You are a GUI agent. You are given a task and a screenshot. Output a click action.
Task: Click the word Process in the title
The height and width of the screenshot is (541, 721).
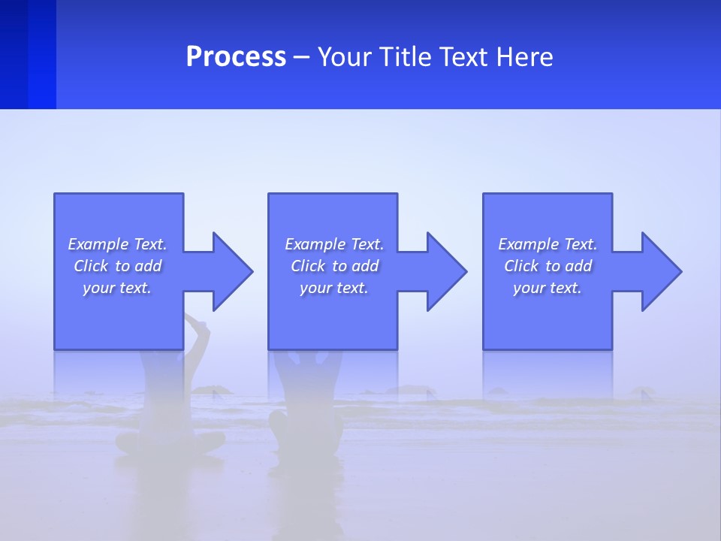click(x=236, y=57)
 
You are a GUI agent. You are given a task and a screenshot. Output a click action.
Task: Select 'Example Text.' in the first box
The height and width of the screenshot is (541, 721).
click(x=117, y=244)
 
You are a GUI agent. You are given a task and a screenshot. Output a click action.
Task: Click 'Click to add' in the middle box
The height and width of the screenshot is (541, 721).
click(x=334, y=266)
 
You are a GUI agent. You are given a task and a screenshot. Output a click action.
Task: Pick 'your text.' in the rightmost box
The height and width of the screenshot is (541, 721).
click(x=548, y=288)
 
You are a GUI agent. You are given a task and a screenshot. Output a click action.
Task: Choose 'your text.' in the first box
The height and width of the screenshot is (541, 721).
click(x=117, y=288)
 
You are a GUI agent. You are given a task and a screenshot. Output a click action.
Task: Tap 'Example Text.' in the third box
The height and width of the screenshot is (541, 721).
click(x=548, y=244)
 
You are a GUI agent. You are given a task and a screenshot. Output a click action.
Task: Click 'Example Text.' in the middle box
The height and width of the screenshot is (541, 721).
click(x=334, y=244)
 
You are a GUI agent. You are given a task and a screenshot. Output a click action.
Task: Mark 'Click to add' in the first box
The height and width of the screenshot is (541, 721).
click(x=117, y=266)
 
